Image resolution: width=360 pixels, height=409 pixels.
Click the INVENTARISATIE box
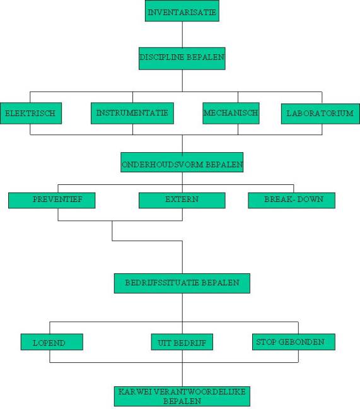coord(182,11)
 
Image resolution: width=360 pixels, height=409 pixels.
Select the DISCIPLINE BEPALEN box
coord(182,59)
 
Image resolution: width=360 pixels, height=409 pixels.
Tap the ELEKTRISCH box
coord(31,113)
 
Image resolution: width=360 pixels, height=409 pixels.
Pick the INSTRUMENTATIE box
coord(132,113)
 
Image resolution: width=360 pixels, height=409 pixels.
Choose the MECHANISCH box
coord(231,113)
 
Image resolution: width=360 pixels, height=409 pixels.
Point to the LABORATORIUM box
coord(320,114)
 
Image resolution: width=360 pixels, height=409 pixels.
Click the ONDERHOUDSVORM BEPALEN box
coord(182,162)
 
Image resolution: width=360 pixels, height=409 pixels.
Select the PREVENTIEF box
coord(52,200)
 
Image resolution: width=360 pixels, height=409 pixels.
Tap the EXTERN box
coord(182,200)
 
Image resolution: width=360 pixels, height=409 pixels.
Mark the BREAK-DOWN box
coord(291,200)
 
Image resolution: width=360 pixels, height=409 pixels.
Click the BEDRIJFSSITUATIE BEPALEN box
coord(182,283)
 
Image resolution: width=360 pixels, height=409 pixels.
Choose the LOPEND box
coord(52,341)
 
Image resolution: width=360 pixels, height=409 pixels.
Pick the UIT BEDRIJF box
coord(182,341)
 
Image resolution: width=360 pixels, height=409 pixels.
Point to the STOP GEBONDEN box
coord(294,341)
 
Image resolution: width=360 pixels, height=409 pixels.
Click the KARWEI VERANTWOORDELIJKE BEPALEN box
coord(182,396)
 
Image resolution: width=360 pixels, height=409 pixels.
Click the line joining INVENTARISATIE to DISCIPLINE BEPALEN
coord(182,35)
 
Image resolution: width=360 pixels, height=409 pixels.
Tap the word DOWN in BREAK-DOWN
coord(310,199)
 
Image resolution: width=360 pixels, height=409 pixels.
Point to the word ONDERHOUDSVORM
coord(163,165)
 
